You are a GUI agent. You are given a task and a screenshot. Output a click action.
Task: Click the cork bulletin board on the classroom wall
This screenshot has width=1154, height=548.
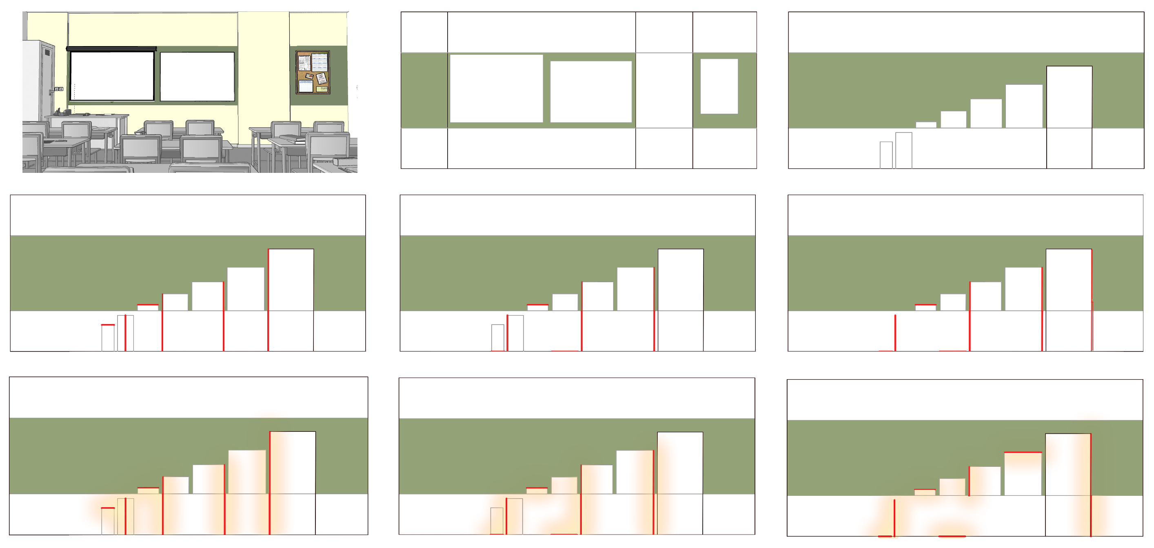313,72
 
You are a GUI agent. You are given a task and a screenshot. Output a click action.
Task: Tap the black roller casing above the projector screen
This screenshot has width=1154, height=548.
111,49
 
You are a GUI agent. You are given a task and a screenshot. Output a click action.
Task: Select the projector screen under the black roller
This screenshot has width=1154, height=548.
112,76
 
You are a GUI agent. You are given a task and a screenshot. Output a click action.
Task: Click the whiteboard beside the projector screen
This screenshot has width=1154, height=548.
197,77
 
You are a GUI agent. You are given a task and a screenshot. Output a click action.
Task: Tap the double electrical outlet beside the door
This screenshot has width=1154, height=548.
59,89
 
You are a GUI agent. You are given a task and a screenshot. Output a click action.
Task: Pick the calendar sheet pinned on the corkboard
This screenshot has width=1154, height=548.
320,63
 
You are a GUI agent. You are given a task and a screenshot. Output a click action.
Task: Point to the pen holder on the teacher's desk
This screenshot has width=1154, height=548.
68,111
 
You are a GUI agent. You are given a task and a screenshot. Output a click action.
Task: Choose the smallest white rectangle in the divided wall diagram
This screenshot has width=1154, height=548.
719,86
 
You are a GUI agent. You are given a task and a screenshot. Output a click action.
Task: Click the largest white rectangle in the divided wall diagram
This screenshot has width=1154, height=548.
496,88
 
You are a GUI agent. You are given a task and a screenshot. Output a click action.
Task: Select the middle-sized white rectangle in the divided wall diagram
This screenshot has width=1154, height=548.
590,92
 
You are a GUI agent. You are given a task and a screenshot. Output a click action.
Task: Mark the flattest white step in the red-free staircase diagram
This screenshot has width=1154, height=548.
926,125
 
